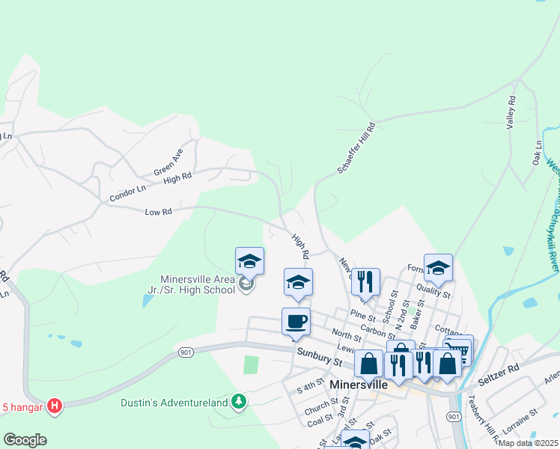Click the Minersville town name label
[x=359, y=384]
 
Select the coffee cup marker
[x=296, y=322]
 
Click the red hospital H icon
[x=54, y=406]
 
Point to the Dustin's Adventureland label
[x=174, y=403]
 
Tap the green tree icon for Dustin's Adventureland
[x=239, y=403]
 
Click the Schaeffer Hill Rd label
[x=356, y=149]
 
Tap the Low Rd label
[x=159, y=212]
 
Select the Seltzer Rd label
[x=502, y=370]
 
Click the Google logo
[x=25, y=440]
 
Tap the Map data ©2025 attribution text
[x=529, y=443]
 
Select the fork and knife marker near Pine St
[x=365, y=282]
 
